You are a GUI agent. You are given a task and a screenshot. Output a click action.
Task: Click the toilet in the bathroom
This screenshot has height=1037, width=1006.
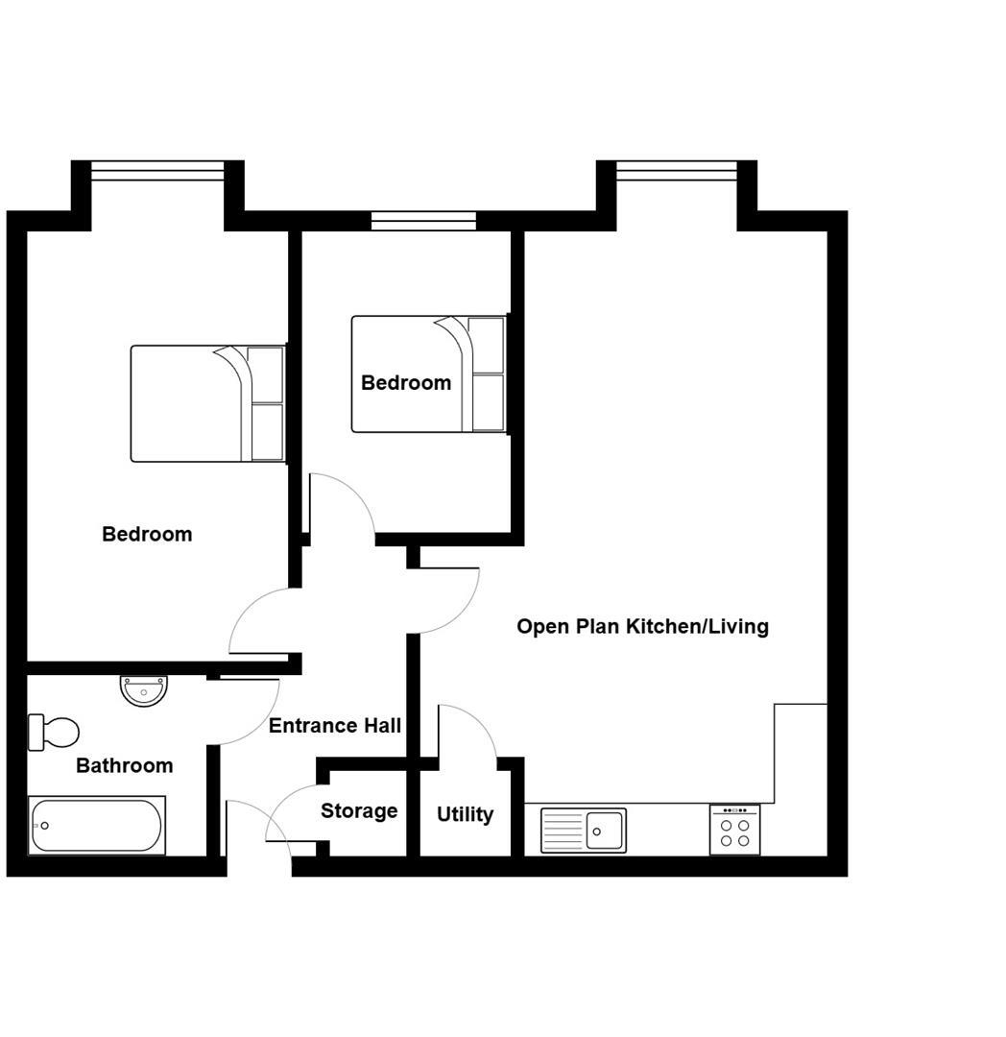[x=54, y=733]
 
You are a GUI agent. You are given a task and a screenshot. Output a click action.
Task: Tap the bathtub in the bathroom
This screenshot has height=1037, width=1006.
[x=96, y=826]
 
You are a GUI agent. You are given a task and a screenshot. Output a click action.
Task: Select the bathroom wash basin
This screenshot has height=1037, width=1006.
[x=145, y=689]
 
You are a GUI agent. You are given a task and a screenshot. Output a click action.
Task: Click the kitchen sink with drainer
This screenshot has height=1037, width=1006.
[x=583, y=830]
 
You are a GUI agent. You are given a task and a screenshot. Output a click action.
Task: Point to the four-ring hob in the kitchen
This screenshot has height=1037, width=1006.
[x=734, y=831]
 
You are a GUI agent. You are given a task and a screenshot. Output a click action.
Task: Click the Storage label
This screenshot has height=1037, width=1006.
[x=359, y=811]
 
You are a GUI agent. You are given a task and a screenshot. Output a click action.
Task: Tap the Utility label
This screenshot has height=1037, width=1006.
[x=465, y=814]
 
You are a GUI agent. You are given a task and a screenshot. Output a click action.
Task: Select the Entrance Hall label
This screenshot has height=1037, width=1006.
[x=334, y=726]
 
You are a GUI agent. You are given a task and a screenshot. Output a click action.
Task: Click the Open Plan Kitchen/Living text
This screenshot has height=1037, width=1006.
[x=642, y=627]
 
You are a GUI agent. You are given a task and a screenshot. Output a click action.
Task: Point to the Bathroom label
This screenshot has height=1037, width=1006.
[x=125, y=765]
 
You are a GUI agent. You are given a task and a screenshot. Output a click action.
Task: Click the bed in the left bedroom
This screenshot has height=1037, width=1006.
[x=207, y=403]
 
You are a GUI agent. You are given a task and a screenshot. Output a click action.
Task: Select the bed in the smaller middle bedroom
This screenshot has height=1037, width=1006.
[x=428, y=374]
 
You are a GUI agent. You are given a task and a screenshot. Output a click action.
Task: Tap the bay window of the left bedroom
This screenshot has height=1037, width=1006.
[x=157, y=171]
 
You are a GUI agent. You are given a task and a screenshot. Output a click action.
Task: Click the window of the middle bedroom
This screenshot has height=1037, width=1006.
[x=423, y=221]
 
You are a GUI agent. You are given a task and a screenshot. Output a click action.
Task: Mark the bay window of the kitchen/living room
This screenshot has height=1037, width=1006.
[x=677, y=171]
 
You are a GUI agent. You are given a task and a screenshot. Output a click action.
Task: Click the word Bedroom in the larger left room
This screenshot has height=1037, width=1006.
[x=147, y=534]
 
